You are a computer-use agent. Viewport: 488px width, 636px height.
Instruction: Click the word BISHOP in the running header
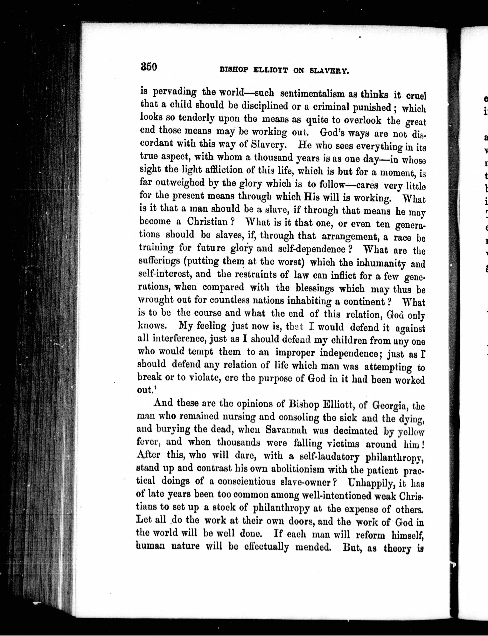(x=234, y=70)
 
